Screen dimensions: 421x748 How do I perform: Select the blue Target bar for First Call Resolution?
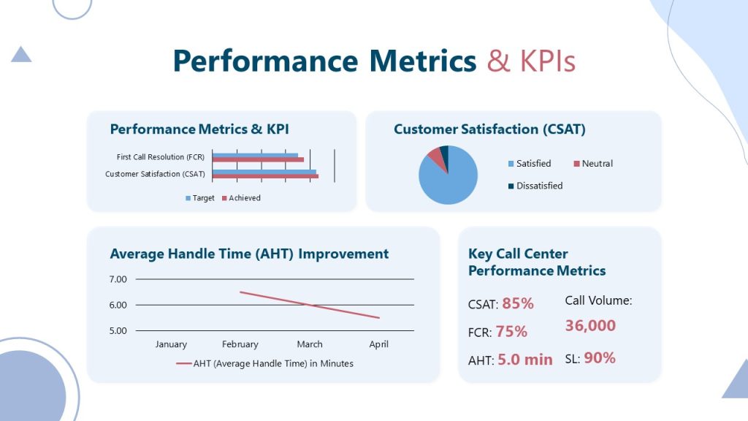pyautogui.click(x=255, y=155)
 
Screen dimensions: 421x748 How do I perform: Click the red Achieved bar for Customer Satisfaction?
pyautogui.click(x=265, y=176)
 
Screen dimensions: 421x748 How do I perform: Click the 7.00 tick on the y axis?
pyautogui.click(x=118, y=279)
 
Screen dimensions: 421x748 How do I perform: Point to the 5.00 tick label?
pyautogui.click(x=118, y=330)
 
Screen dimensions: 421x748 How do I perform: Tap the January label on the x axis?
pyautogui.click(x=171, y=344)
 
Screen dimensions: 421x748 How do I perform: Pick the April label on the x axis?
pyautogui.click(x=378, y=344)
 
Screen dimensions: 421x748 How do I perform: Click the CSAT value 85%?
pyautogui.click(x=517, y=303)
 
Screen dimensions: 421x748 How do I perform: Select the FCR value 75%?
pyautogui.click(x=511, y=332)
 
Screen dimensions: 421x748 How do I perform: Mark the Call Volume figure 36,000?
pyautogui.click(x=590, y=326)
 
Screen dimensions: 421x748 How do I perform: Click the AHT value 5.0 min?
pyautogui.click(x=524, y=360)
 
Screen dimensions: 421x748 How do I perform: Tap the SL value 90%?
pyautogui.click(x=599, y=358)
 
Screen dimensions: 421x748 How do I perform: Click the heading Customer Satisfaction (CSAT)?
pyautogui.click(x=489, y=129)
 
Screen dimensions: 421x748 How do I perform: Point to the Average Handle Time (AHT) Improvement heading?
pyautogui.click(x=249, y=254)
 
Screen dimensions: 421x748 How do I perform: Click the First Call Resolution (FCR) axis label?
pyautogui.click(x=160, y=157)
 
